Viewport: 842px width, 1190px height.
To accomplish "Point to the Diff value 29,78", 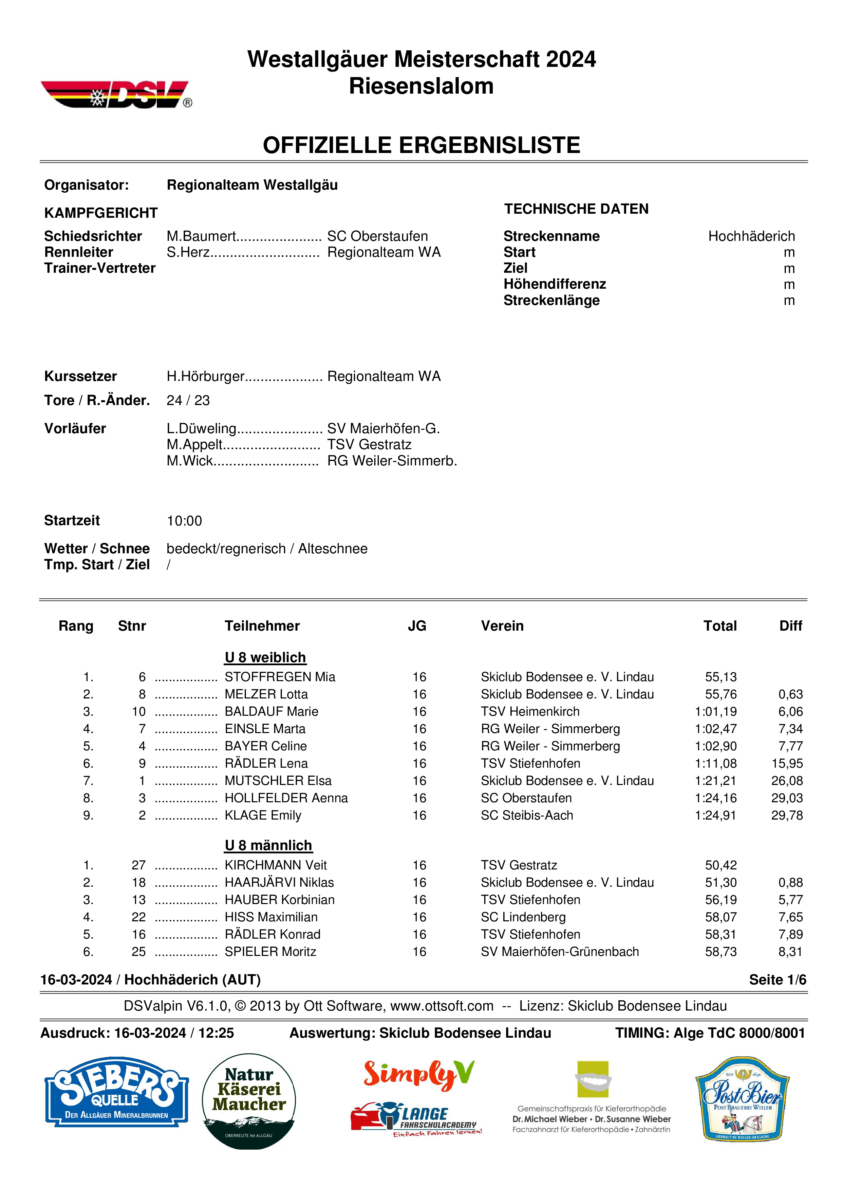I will click(x=787, y=815).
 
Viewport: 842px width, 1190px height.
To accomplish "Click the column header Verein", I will click(x=502, y=626).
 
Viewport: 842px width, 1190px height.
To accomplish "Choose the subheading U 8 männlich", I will click(x=268, y=845).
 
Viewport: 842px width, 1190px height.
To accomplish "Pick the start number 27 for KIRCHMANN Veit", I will click(x=138, y=865).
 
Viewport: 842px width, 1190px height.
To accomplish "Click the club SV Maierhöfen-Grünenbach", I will click(x=559, y=952).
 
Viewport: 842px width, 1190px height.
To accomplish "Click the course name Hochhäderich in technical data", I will click(x=751, y=236).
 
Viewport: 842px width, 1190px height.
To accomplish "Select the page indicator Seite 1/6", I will click(x=777, y=980).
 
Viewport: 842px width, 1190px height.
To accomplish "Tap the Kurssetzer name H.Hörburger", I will click(x=205, y=376).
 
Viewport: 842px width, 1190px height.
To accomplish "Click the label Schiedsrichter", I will click(x=93, y=236).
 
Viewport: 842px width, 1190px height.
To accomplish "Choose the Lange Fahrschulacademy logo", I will click(x=416, y=1118).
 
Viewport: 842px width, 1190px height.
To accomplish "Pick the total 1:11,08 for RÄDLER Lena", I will click(x=715, y=764).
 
